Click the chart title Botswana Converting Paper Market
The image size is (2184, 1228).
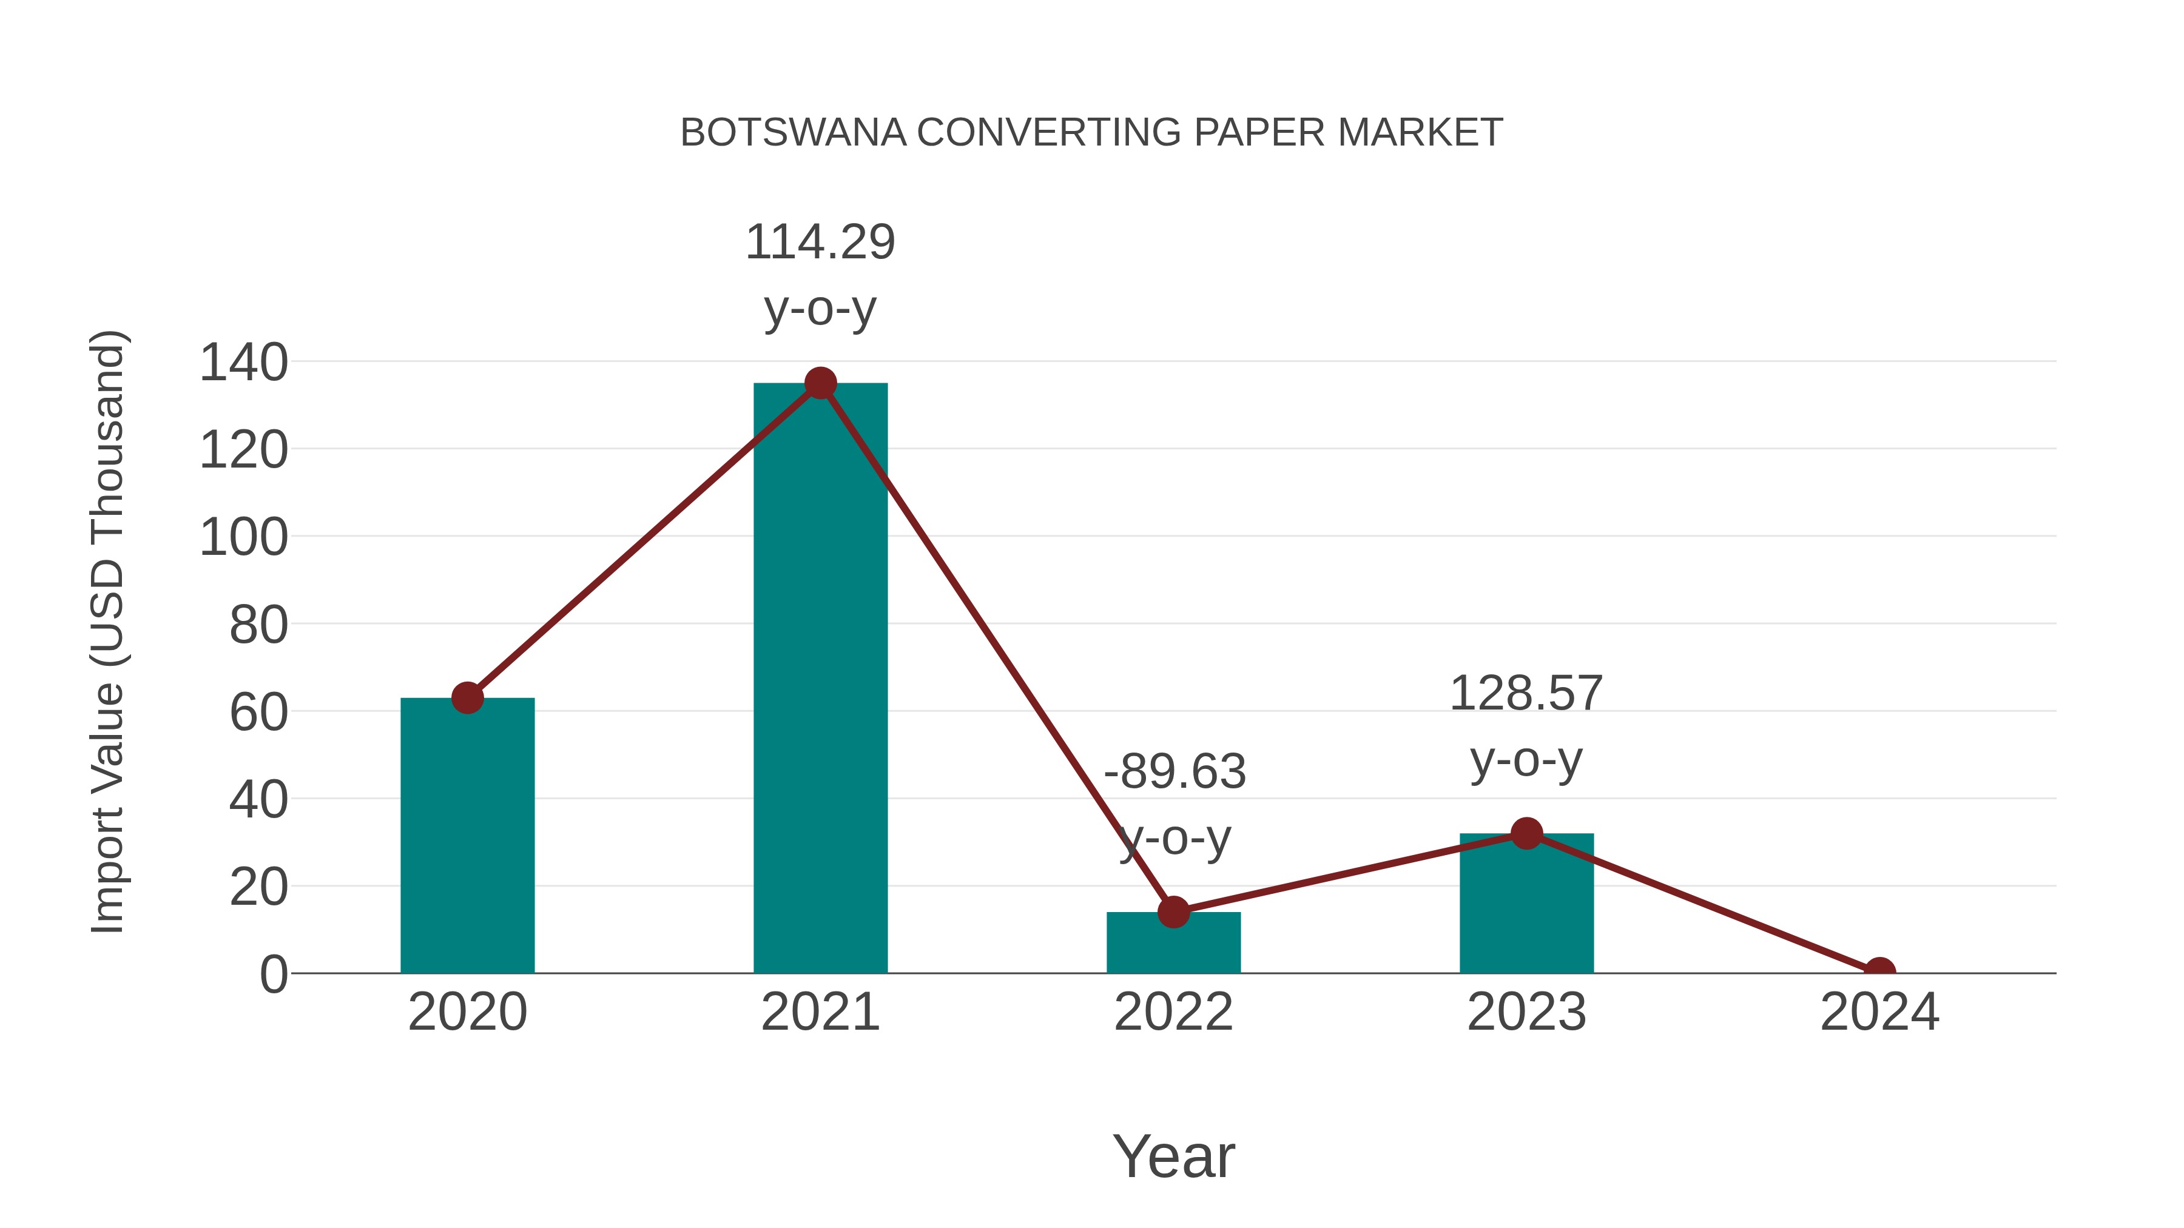pos(1091,133)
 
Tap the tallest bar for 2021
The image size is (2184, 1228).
pos(820,678)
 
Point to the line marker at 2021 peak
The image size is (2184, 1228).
pos(820,383)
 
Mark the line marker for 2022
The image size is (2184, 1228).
pos(1173,912)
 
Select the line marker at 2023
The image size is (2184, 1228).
pos(1526,834)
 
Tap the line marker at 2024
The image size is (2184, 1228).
pos(1879,971)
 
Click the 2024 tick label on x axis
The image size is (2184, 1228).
pos(1879,1012)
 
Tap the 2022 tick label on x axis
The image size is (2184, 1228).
pos(1173,1012)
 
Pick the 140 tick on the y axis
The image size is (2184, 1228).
pos(243,363)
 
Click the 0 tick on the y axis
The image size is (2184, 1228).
pos(274,975)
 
